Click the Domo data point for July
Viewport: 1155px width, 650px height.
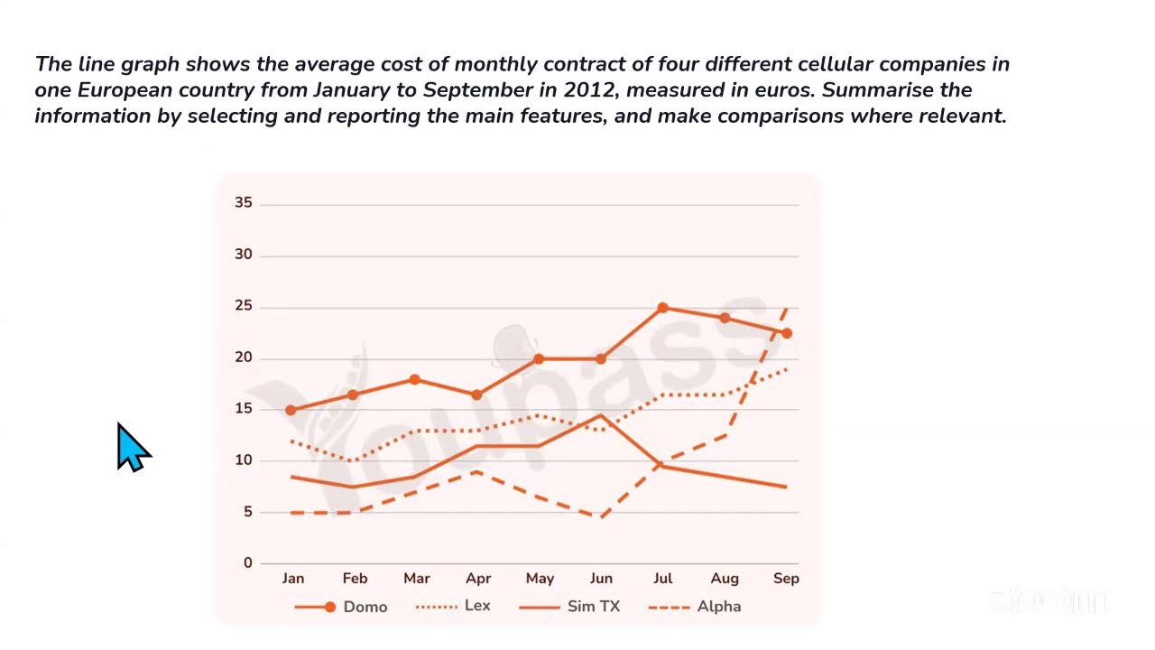[662, 308]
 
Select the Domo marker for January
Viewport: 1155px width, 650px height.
[291, 410]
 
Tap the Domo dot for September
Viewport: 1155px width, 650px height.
[787, 333]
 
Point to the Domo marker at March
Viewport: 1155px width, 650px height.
[415, 379]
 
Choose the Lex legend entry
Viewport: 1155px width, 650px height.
[453, 606]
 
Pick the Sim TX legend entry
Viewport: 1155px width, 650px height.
[570, 607]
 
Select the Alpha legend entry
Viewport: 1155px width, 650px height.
[695, 607]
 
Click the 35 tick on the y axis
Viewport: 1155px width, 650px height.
[244, 203]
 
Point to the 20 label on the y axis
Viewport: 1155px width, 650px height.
[244, 358]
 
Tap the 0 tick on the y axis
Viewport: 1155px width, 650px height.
[247, 563]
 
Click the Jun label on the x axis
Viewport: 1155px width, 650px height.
[600, 579]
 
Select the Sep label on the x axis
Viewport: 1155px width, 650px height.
[786, 579]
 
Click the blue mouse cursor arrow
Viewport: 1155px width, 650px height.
[132, 446]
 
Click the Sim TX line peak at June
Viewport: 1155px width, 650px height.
[601, 415]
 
